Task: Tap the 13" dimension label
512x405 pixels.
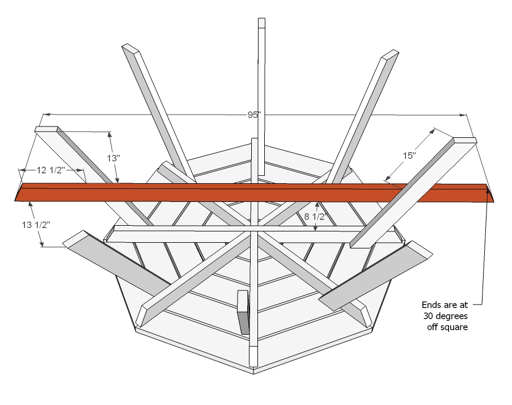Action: click(113, 158)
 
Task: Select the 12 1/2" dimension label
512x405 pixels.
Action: click(51, 170)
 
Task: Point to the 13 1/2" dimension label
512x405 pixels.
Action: click(36, 225)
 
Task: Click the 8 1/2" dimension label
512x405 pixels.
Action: click(315, 217)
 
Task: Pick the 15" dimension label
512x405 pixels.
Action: click(409, 155)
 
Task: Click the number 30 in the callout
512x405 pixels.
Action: click(428, 316)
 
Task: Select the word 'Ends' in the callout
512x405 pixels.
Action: click(431, 305)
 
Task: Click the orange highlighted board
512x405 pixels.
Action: click(254, 192)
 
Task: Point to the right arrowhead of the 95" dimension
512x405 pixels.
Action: click(462, 115)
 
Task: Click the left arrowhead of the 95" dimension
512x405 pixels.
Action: click(48, 115)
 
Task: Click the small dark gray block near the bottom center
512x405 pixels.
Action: click(243, 312)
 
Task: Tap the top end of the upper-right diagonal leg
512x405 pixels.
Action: click(390, 54)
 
